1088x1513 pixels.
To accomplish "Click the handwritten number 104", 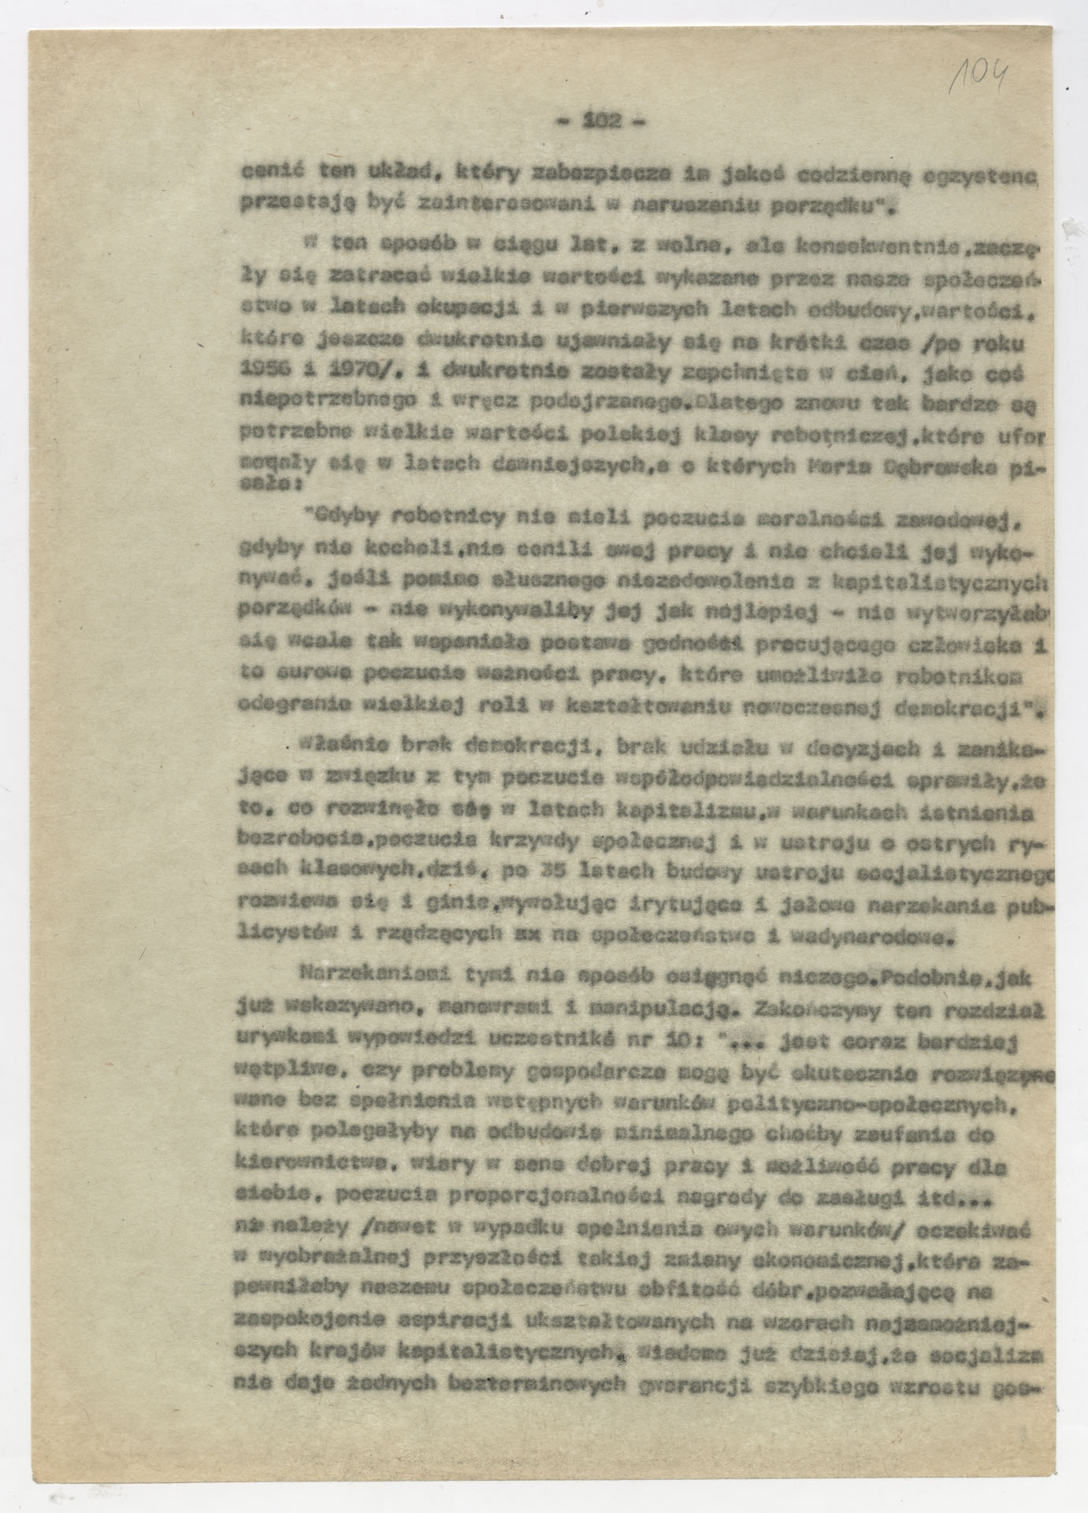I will pyautogui.click(x=980, y=77).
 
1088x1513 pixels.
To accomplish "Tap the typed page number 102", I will pyautogui.click(x=600, y=121).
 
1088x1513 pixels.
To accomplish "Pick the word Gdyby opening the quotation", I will pyautogui.click(x=340, y=518).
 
